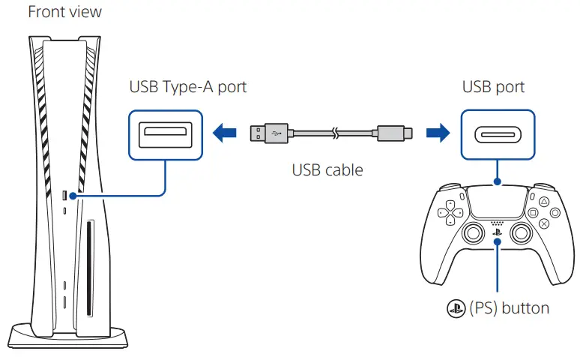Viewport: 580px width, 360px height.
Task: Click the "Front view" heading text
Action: pos(64,12)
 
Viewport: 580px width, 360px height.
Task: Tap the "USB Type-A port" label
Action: pos(187,87)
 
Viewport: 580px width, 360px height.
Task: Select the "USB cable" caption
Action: pos(327,170)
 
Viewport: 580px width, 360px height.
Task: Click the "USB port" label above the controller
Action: pos(493,87)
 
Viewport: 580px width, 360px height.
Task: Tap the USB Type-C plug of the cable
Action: pos(396,134)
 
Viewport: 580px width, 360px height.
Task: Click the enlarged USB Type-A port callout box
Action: pos(166,134)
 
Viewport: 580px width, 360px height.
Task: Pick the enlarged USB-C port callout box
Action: pos(497,134)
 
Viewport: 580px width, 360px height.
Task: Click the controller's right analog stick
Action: pos(519,235)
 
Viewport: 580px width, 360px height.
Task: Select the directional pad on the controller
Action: pos(450,212)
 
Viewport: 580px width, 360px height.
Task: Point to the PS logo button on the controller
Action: pos(497,233)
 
